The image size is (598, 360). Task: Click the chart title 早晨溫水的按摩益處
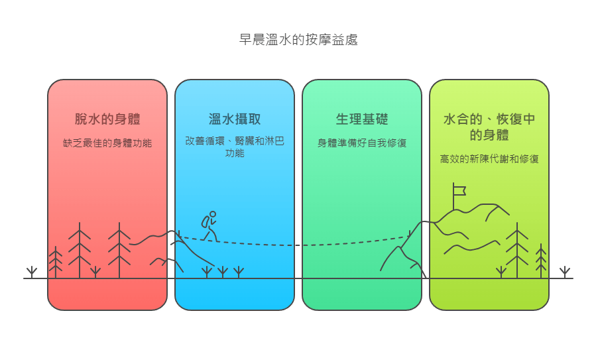[298, 40]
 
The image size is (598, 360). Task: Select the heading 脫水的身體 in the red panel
[107, 119]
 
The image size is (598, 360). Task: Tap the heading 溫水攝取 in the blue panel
[235, 119]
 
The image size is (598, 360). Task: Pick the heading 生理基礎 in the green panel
[362, 119]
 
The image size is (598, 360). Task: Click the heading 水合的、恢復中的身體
[489, 127]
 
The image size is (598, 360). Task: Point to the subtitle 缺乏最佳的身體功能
[107, 143]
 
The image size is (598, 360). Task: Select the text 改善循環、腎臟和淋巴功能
[235, 147]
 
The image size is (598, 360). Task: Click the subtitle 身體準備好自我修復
[362, 143]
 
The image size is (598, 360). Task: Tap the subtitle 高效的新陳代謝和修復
[489, 158]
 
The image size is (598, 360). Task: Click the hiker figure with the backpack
[210, 226]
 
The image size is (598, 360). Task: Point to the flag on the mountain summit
[458, 196]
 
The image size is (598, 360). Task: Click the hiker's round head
[213, 214]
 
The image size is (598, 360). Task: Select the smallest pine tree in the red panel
[56, 262]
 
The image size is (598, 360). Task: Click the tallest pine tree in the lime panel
[517, 250]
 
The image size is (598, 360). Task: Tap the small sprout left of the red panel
[32, 272]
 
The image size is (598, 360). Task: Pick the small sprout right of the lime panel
[565, 272]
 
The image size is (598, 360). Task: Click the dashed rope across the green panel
[362, 243]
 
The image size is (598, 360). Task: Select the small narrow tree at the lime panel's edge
[541, 261]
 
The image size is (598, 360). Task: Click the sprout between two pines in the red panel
[95, 272]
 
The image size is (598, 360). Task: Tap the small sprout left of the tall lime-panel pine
[501, 272]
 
